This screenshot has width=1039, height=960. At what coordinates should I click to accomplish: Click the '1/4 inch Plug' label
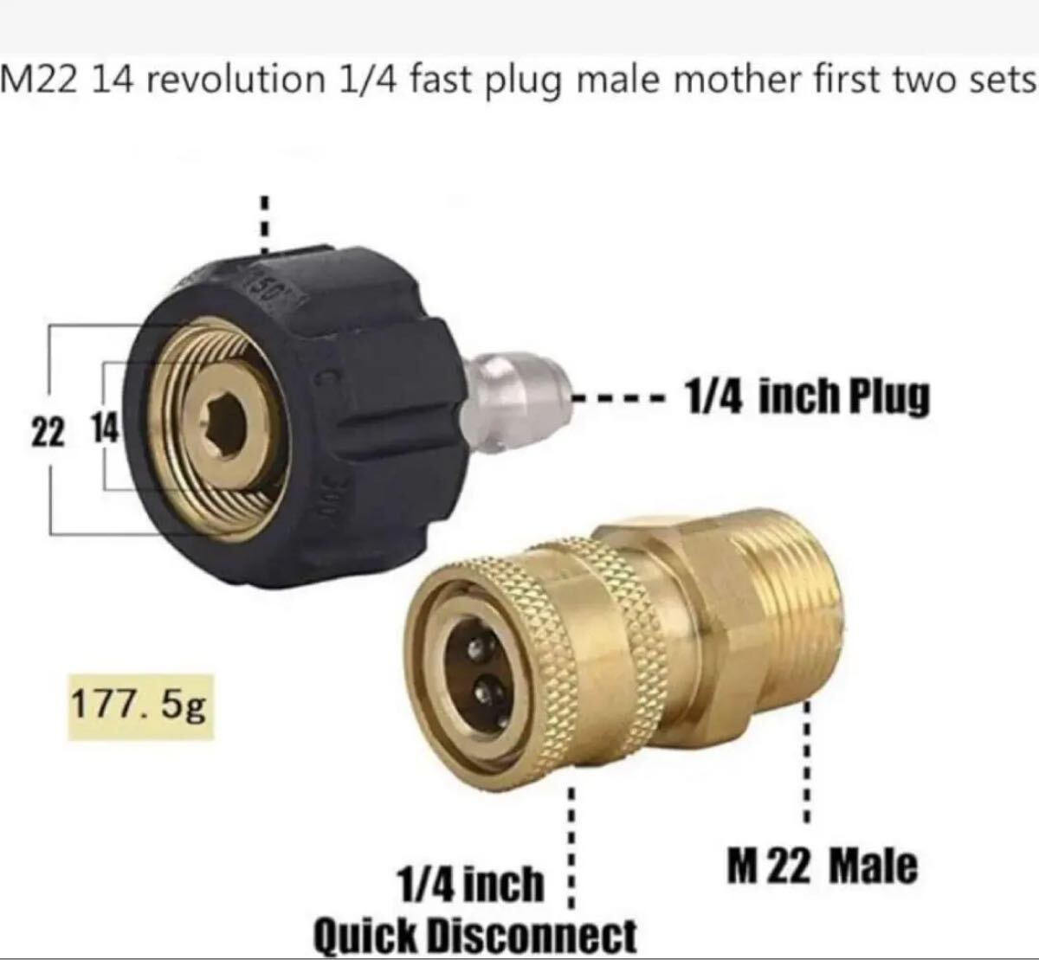pyautogui.click(x=807, y=396)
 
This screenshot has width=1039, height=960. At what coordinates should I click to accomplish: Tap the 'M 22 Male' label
pyautogui.click(x=822, y=867)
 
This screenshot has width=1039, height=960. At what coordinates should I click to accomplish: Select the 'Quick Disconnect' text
pyautogui.click(x=475, y=936)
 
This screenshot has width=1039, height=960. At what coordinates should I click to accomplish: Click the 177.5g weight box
pyautogui.click(x=141, y=707)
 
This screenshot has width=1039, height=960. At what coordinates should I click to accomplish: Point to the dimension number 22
pyautogui.click(x=48, y=433)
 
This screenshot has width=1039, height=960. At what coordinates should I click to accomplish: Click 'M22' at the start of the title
pyautogui.click(x=41, y=80)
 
